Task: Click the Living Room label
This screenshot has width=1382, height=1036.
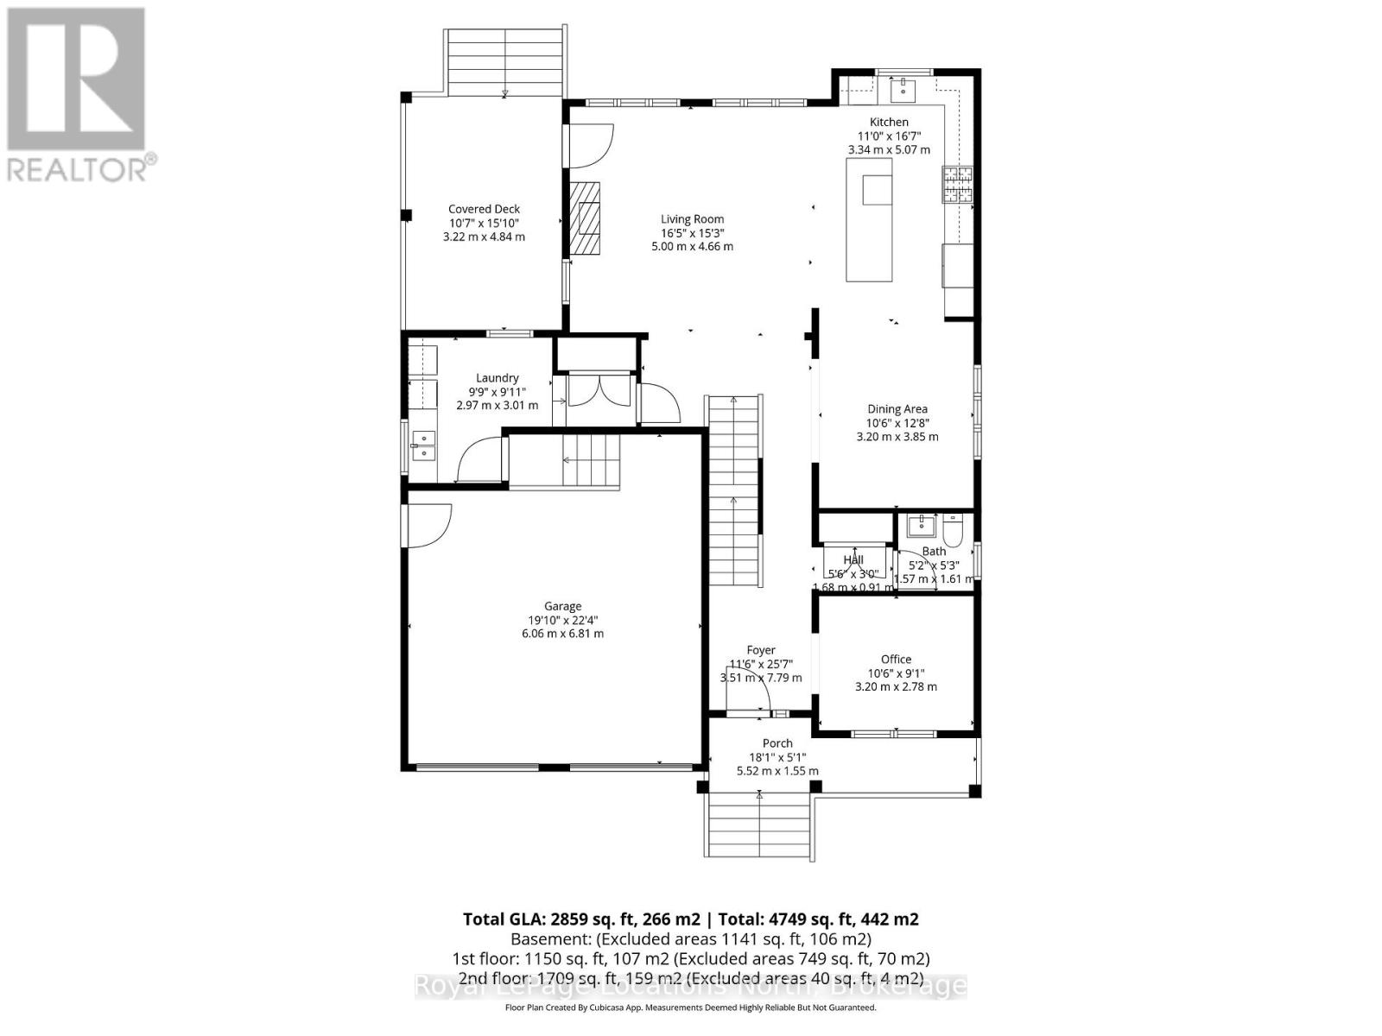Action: point(692,219)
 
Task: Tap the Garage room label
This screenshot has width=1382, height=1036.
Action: point(562,606)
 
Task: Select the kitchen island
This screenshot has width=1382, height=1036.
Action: point(869,226)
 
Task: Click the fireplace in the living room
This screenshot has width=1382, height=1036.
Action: point(585,218)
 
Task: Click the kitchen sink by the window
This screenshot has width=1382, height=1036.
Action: point(903,87)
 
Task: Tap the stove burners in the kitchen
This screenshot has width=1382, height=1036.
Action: point(957,183)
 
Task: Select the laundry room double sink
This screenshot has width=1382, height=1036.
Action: point(422,445)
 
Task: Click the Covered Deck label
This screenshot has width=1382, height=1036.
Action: point(484,209)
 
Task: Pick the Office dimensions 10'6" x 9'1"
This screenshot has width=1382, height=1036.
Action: point(896,673)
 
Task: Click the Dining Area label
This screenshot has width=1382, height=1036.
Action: point(897,409)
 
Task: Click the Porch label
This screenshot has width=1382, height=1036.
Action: point(777,743)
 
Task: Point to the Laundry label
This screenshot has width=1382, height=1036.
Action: point(497,378)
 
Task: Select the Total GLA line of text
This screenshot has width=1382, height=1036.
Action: point(690,919)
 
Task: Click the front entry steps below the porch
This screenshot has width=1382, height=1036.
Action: point(758,825)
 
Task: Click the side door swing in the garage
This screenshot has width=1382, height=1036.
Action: point(428,525)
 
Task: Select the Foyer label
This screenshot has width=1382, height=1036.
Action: point(760,650)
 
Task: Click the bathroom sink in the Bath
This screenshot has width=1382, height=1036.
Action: point(922,523)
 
